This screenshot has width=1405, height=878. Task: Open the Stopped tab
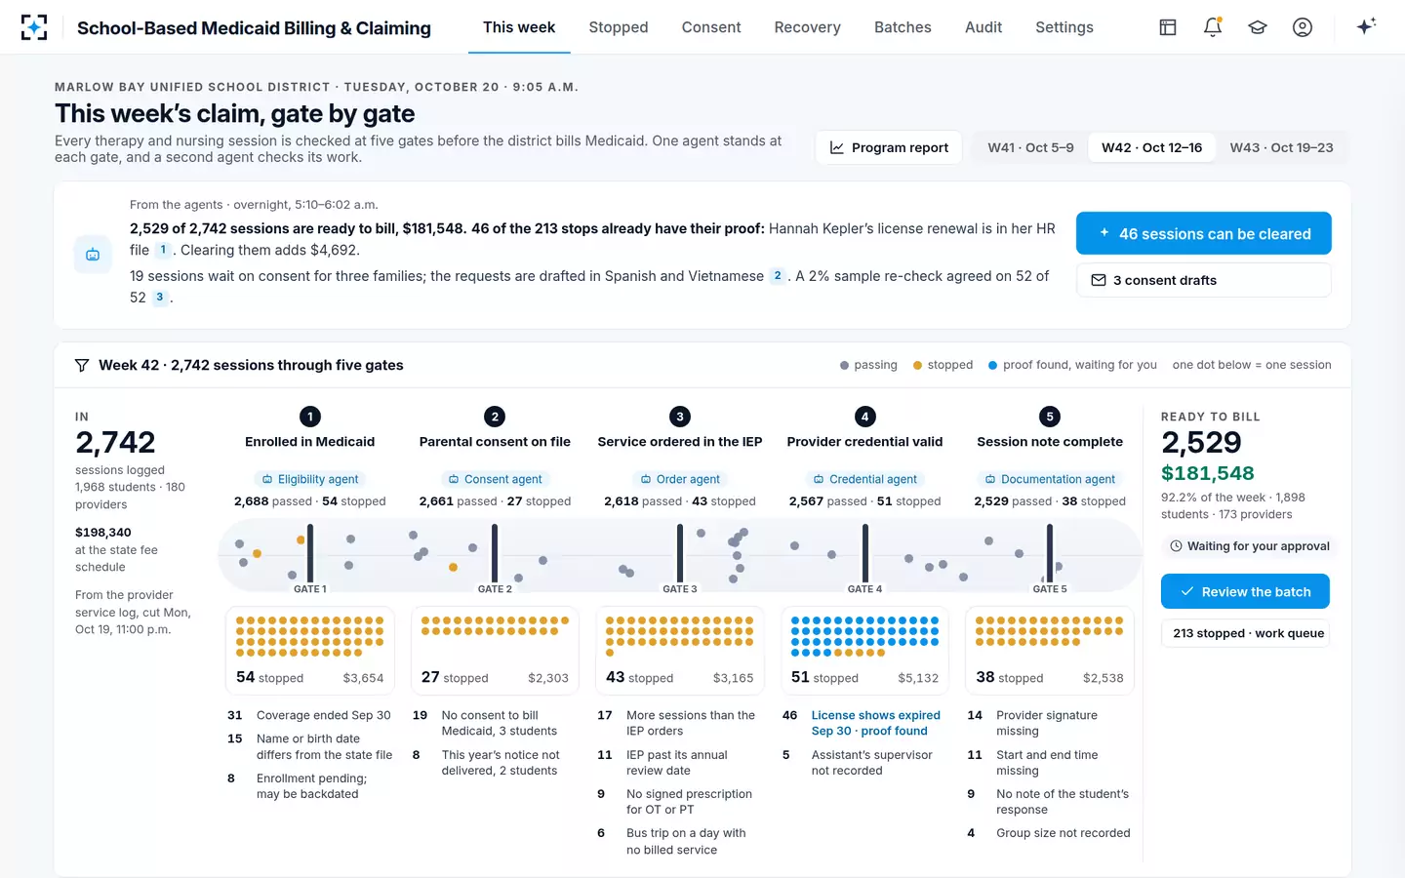pyautogui.click(x=618, y=27)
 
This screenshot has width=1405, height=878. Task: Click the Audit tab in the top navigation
pyautogui.click(x=983, y=27)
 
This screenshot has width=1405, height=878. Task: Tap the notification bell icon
pyautogui.click(x=1213, y=27)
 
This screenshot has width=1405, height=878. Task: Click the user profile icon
pyautogui.click(x=1303, y=27)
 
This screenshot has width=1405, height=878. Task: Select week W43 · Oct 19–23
pyautogui.click(x=1281, y=147)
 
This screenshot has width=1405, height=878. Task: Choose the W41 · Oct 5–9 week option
pyautogui.click(x=1030, y=147)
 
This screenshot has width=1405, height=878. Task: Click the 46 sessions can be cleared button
pyautogui.click(x=1204, y=233)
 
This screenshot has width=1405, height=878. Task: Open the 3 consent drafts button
pyautogui.click(x=1204, y=280)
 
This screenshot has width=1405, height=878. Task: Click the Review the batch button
pyautogui.click(x=1245, y=591)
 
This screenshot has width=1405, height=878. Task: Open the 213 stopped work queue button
pyautogui.click(x=1245, y=633)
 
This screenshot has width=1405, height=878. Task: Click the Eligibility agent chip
pyautogui.click(x=310, y=479)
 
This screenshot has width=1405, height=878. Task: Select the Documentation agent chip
pyautogui.click(x=1050, y=479)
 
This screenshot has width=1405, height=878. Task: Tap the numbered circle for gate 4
pyautogui.click(x=864, y=417)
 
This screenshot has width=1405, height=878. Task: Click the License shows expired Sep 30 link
pyautogui.click(x=875, y=723)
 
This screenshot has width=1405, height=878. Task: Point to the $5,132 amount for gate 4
pyautogui.click(x=917, y=678)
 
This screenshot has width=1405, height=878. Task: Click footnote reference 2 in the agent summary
pyautogui.click(x=777, y=276)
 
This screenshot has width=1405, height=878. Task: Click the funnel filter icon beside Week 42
pyautogui.click(x=82, y=365)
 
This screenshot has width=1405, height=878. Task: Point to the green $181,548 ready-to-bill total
pyautogui.click(x=1207, y=473)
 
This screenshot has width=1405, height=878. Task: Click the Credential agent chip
pyautogui.click(x=864, y=479)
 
